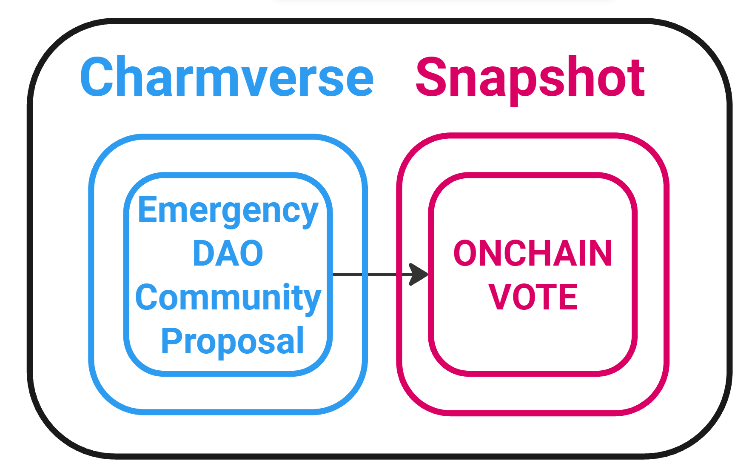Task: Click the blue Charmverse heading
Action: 227,77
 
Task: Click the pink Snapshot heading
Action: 530,78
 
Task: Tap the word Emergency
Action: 228,211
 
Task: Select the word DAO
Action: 228,254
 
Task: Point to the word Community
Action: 228,298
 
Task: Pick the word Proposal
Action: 232,341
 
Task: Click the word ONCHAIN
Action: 533,254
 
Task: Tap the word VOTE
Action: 533,297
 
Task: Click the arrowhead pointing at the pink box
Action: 419,275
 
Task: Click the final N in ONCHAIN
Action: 600,254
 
